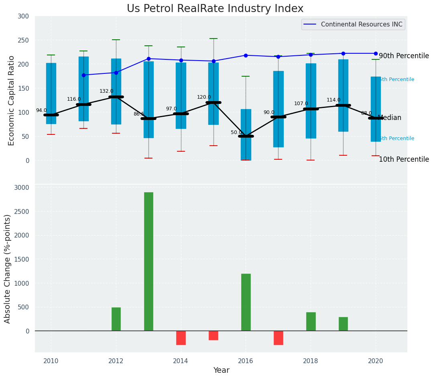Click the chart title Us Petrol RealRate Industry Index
pyautogui.click(x=215, y=9)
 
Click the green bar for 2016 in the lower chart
pyautogui.click(x=246, y=302)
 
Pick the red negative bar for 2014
pyautogui.click(x=181, y=338)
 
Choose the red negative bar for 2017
pyautogui.click(x=279, y=338)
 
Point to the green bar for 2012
pyautogui.click(x=116, y=319)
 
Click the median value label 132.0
pyautogui.click(x=106, y=91)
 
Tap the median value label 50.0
pyautogui.click(x=236, y=132)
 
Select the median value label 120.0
pyautogui.click(x=204, y=97)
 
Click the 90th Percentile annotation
pyautogui.click(x=404, y=56)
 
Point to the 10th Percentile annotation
pyautogui.click(x=404, y=159)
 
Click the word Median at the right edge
pyautogui.click(x=389, y=118)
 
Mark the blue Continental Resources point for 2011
pyautogui.click(x=83, y=75)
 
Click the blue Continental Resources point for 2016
pyautogui.click(x=246, y=55)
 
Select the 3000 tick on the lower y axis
pyautogui.click(x=22, y=187)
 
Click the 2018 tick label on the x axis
pyautogui.click(x=311, y=361)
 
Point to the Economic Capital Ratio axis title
pyautogui.click(x=12, y=100)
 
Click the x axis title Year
pyautogui.click(x=221, y=370)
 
